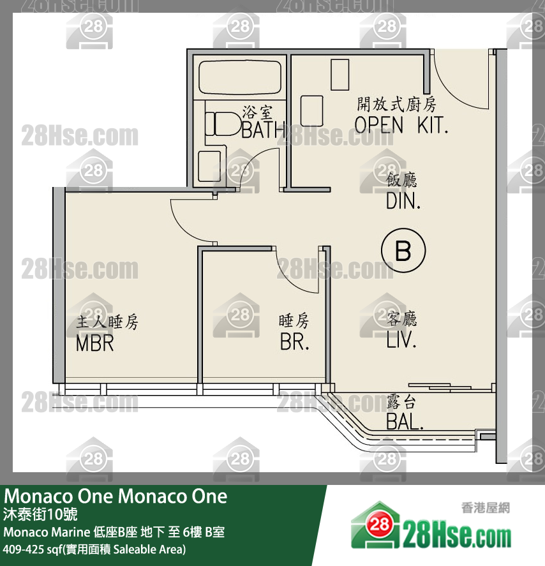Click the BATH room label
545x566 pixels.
point(263,131)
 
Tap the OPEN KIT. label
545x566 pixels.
point(401,124)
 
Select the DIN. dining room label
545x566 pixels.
point(403,202)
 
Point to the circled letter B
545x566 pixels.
point(403,251)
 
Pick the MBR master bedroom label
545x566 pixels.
point(94,342)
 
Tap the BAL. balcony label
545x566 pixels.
point(404,422)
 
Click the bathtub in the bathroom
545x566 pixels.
point(239,77)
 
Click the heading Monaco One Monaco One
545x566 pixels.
point(116,496)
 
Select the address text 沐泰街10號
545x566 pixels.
point(41,514)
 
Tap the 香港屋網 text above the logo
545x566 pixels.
point(484,509)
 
